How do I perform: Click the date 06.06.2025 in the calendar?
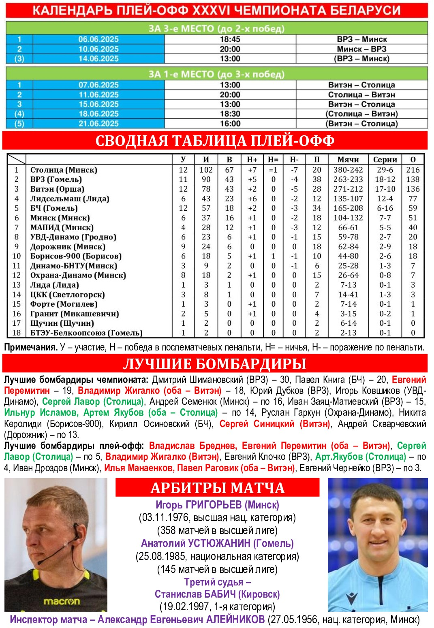coord(98,39)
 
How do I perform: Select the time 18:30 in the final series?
coord(230,114)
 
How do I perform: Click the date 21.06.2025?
coord(98,124)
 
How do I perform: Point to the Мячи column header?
coord(348,160)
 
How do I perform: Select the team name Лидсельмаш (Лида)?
coord(70,199)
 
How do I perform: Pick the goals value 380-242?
coord(348,170)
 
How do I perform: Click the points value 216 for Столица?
coord(413,170)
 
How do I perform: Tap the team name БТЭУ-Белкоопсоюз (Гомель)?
coord(86,333)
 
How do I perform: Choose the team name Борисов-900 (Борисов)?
coord(76,256)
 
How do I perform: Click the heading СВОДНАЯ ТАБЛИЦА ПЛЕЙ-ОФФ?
coord(215,141)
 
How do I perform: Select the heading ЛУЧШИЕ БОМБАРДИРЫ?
coord(215,364)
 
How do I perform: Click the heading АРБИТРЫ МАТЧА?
coord(218,488)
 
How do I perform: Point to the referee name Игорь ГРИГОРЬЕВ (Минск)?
coord(217,505)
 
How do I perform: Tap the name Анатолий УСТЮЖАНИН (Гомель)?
coord(217,543)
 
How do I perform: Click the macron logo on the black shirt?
coord(62,601)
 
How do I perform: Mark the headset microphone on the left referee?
coord(41,562)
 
